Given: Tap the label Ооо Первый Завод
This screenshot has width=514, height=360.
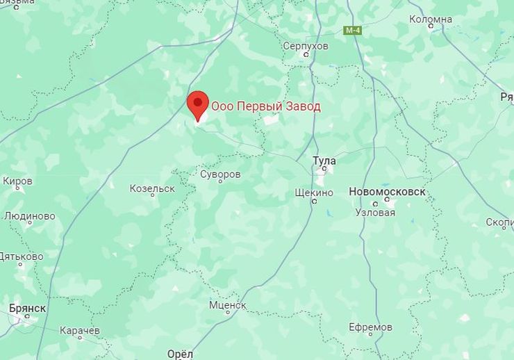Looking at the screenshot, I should click(x=266, y=106).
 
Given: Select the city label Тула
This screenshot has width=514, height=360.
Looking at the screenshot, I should click(x=324, y=161).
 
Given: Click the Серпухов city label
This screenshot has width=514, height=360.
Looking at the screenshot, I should click(x=306, y=46).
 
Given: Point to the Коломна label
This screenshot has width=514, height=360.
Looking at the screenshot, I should click(x=431, y=19).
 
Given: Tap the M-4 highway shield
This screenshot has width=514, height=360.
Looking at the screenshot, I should click(x=353, y=31).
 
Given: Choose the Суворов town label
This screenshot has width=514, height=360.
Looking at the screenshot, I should click(x=220, y=174).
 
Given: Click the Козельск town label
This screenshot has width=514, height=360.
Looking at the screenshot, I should click(x=152, y=188).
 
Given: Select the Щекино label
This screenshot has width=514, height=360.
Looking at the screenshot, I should click(x=314, y=193).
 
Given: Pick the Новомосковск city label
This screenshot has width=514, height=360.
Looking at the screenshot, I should click(x=387, y=192).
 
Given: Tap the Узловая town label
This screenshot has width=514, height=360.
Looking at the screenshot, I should click(x=375, y=212).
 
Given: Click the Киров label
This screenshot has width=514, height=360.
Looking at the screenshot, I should click(x=17, y=181).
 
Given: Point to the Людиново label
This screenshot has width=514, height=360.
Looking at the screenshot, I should click(x=29, y=215).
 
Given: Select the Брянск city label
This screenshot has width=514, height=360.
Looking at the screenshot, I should click(x=28, y=308).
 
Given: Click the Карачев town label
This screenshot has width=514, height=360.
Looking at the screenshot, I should click(x=80, y=330).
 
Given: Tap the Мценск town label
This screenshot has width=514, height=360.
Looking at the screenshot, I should click(x=228, y=305).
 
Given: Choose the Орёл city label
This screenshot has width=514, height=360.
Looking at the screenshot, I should click(x=180, y=354).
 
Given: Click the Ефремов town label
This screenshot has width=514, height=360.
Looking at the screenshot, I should click(x=371, y=327).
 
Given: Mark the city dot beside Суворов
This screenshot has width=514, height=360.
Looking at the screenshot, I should click(x=220, y=182).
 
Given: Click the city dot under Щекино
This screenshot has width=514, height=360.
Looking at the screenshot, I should click(x=314, y=202).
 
